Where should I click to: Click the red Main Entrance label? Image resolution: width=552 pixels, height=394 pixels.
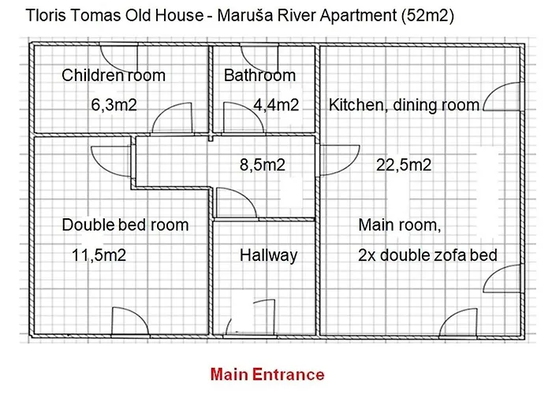click(x=267, y=374)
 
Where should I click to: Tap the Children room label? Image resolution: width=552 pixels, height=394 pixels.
click(x=114, y=76)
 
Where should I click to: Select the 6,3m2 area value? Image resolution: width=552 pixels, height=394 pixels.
click(x=114, y=105)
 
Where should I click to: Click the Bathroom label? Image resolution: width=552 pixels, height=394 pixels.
click(x=259, y=76)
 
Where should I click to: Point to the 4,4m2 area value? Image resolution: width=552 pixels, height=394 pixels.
click(x=275, y=105)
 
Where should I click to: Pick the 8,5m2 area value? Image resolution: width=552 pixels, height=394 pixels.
click(x=262, y=165)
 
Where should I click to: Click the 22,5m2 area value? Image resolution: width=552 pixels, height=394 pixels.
click(x=403, y=165)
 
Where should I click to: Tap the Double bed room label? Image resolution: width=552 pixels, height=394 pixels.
click(x=125, y=225)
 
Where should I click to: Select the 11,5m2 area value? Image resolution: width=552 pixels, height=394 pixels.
click(x=99, y=255)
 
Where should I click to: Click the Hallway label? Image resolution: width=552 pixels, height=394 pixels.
click(x=268, y=255)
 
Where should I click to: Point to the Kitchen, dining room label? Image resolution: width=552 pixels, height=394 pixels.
click(x=404, y=105)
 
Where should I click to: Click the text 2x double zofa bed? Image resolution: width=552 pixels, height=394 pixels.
click(x=427, y=255)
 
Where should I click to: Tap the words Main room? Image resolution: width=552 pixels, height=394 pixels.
click(x=399, y=225)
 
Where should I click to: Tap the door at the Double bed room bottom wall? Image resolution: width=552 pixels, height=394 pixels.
click(x=129, y=322)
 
